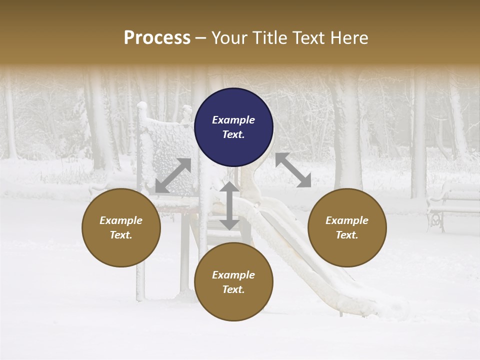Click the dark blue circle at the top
click(233, 127)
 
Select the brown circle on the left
click(121, 227)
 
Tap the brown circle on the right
click(347, 227)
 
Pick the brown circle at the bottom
click(233, 282)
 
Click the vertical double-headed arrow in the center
click(229, 205)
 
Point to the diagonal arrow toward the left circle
click(173, 175)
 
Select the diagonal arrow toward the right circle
click(293, 170)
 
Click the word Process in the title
click(157, 37)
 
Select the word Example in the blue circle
click(233, 120)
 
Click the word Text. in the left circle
click(121, 235)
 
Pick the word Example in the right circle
click(347, 220)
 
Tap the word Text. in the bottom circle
click(233, 289)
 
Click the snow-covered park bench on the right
click(452, 205)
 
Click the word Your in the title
click(228, 37)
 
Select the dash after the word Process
click(200, 37)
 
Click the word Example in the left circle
click(121, 220)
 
